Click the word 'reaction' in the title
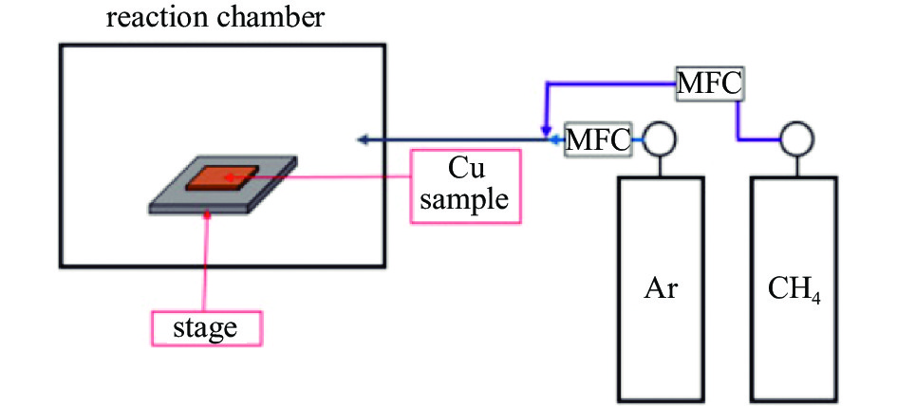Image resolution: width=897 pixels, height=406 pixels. click(x=152, y=18)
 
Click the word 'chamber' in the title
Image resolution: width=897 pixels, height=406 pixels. click(x=266, y=18)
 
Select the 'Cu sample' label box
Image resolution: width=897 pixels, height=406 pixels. click(x=466, y=186)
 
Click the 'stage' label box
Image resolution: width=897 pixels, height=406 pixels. click(x=207, y=328)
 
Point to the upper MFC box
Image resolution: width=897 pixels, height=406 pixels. click(x=709, y=83)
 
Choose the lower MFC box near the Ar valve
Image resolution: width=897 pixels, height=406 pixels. click(x=598, y=138)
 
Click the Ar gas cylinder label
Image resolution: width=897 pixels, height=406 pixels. click(x=661, y=288)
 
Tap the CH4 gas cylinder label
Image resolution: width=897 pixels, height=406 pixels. click(x=794, y=290)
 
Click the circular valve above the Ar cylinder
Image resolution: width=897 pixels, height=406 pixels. click(x=660, y=138)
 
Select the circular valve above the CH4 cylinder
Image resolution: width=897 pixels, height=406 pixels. click(x=797, y=138)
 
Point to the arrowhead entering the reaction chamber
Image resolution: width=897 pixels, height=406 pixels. click(x=363, y=138)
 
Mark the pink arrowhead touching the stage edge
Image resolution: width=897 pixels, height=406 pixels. click(x=207, y=215)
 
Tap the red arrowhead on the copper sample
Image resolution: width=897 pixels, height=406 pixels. click(x=229, y=177)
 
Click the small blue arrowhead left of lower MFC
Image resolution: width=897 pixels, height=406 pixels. click(x=555, y=138)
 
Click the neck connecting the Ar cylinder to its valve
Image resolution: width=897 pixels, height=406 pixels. click(x=660, y=166)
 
